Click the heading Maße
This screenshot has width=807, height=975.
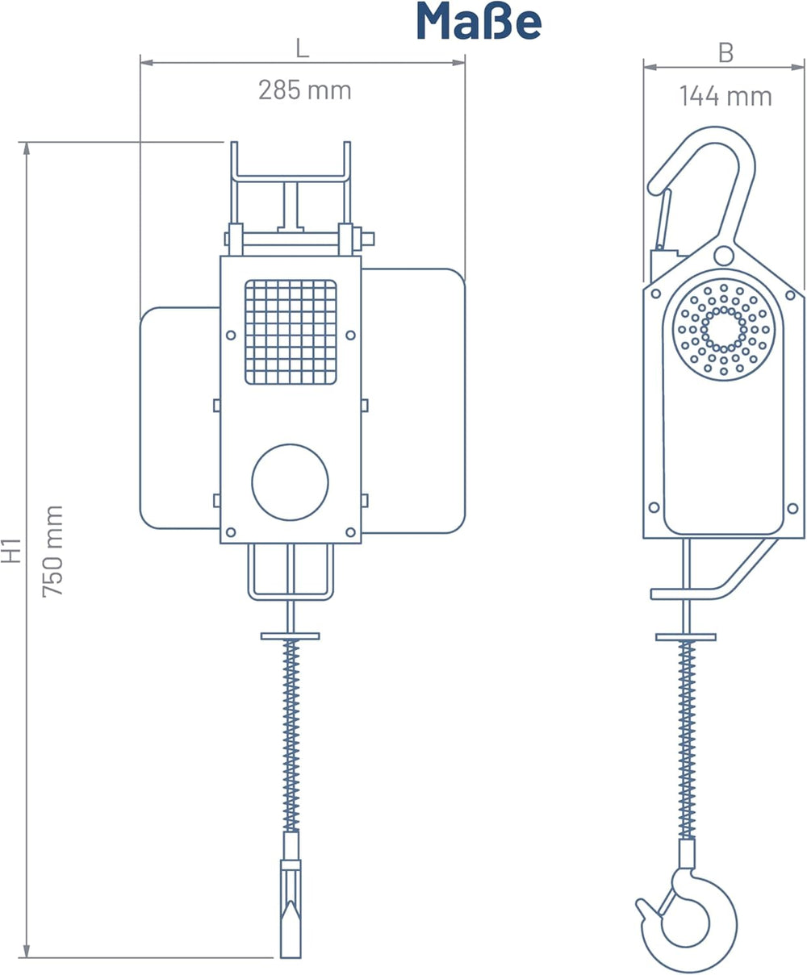(479, 22)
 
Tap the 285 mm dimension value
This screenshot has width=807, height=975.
(305, 90)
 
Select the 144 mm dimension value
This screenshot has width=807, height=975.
(725, 96)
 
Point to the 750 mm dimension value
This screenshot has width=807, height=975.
(52, 551)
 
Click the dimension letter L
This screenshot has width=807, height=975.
(303, 48)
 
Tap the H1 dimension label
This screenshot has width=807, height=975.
(10, 551)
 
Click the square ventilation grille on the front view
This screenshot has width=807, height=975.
(291, 332)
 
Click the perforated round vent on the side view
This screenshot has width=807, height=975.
(724, 330)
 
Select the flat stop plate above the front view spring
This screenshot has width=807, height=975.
(291, 636)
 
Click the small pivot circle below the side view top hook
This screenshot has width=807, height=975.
(724, 256)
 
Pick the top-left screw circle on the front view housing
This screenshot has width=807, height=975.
(231, 335)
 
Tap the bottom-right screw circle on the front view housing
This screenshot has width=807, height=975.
(350, 532)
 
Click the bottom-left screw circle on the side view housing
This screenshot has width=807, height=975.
(654, 507)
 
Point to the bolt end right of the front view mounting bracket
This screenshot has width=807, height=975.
(368, 239)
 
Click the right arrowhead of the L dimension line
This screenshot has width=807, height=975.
(459, 63)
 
